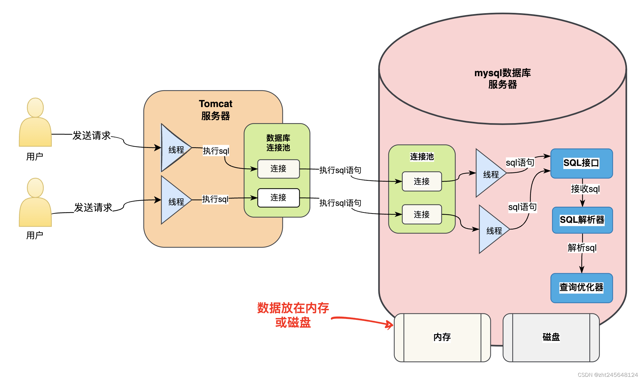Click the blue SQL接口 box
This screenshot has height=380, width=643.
(582, 163)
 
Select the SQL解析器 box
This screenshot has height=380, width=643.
(582, 220)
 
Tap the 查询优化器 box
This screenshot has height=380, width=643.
(582, 288)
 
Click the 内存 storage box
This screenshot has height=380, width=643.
(442, 338)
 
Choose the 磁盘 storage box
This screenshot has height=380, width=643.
(551, 338)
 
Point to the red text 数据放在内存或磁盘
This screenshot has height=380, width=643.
(293, 315)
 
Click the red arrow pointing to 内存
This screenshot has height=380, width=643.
(362, 321)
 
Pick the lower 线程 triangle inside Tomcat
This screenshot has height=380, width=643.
(176, 200)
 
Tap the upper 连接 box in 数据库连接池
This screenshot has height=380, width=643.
(278, 169)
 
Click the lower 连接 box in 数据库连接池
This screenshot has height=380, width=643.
(278, 198)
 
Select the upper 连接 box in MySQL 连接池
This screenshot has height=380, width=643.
(422, 182)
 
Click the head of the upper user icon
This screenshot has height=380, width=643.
(35, 108)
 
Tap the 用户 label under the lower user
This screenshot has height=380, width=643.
(35, 235)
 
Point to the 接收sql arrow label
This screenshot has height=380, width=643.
(585, 189)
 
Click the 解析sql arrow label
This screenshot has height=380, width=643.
(582, 248)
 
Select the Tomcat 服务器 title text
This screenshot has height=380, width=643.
(216, 110)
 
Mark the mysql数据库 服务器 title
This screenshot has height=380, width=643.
(503, 79)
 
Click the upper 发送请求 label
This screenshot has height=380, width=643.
(92, 135)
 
